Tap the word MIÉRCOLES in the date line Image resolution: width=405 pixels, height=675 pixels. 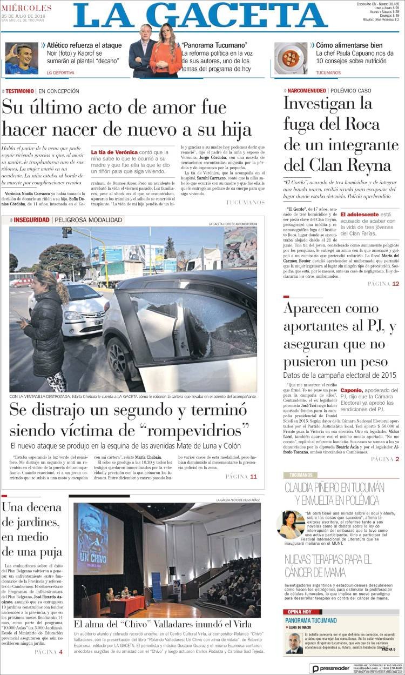(x=26, y=8)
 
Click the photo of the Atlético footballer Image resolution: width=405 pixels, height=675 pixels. (x=22, y=58)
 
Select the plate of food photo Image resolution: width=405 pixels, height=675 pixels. (x=291, y=58)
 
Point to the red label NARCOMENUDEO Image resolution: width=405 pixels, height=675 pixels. (x=306, y=91)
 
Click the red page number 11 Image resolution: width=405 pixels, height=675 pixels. (x=253, y=477)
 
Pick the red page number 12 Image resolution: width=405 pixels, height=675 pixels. (x=395, y=284)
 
